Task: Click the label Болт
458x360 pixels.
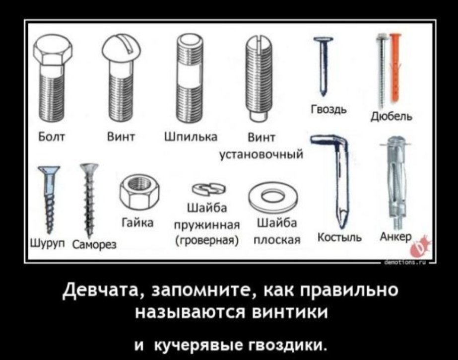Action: click(52, 137)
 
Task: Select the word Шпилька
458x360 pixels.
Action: click(192, 137)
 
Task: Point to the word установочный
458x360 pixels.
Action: click(261, 155)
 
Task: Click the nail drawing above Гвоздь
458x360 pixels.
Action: click(324, 66)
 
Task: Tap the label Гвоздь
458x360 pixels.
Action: click(328, 110)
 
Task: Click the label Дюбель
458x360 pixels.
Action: click(392, 116)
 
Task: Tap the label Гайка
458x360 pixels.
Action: click(137, 223)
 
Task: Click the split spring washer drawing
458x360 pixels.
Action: click(209, 189)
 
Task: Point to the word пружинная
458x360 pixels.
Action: click(207, 225)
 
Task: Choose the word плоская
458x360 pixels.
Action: click(277, 240)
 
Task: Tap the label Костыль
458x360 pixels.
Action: click(340, 237)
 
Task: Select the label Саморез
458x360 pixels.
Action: click(94, 244)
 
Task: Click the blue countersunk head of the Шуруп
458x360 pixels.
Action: click(49, 170)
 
